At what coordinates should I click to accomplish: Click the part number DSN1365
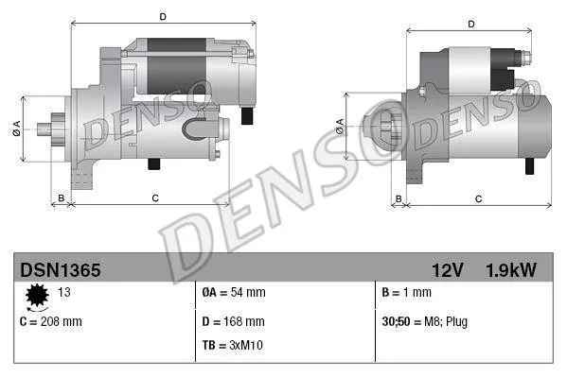click(61, 270)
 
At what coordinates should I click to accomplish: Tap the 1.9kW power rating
click(512, 270)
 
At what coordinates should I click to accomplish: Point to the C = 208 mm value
click(51, 321)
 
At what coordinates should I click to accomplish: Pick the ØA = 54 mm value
click(234, 293)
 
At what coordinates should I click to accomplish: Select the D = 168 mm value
click(235, 321)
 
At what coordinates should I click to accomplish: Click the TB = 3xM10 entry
click(233, 345)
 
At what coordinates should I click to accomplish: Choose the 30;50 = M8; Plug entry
click(424, 321)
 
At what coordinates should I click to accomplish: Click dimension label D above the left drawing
click(164, 16)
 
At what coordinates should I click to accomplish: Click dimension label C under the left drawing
click(154, 197)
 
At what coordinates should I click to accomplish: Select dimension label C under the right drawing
click(478, 197)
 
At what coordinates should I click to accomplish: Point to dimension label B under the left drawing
click(62, 197)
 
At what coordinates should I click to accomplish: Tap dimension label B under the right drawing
click(399, 197)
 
